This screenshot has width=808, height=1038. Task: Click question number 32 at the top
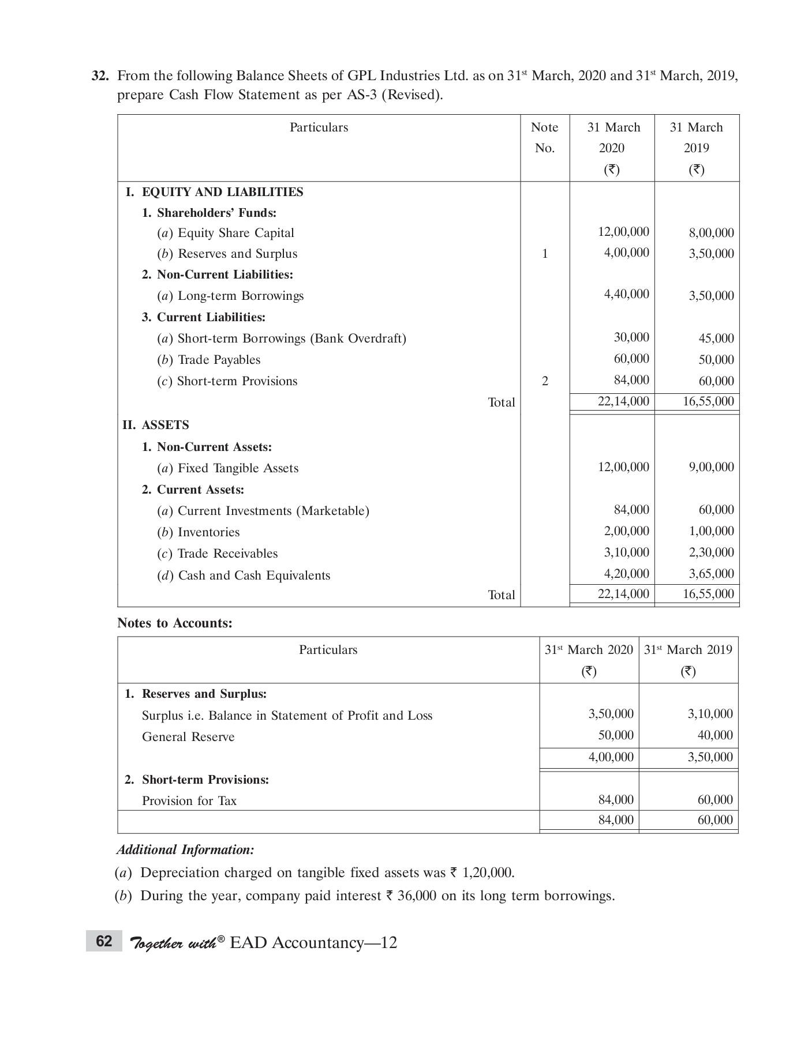(x=100, y=76)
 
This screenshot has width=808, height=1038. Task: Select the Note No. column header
(x=544, y=137)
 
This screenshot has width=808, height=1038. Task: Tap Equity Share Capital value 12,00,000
(x=623, y=232)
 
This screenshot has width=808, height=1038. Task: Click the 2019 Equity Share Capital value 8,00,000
(x=711, y=233)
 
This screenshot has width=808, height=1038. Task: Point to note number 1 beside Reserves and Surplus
(x=544, y=254)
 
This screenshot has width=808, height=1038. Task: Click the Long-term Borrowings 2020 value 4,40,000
(x=626, y=294)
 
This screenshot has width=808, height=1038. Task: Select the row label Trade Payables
(x=219, y=360)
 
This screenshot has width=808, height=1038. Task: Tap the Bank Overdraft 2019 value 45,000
(x=716, y=339)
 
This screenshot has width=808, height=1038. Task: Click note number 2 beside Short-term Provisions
(x=544, y=381)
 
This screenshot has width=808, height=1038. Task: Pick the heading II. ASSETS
(x=156, y=425)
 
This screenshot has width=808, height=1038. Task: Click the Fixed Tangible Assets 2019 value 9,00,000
(x=711, y=467)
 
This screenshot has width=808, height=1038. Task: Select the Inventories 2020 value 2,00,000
(x=626, y=531)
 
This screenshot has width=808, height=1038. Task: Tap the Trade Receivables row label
(x=227, y=554)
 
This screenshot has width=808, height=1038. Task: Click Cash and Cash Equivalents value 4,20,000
(x=626, y=574)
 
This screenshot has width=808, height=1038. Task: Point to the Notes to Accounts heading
(x=174, y=623)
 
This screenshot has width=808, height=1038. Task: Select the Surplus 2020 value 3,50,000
(x=611, y=714)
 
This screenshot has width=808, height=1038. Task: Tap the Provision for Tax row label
(x=189, y=801)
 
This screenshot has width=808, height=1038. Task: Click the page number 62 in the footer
(x=104, y=942)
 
